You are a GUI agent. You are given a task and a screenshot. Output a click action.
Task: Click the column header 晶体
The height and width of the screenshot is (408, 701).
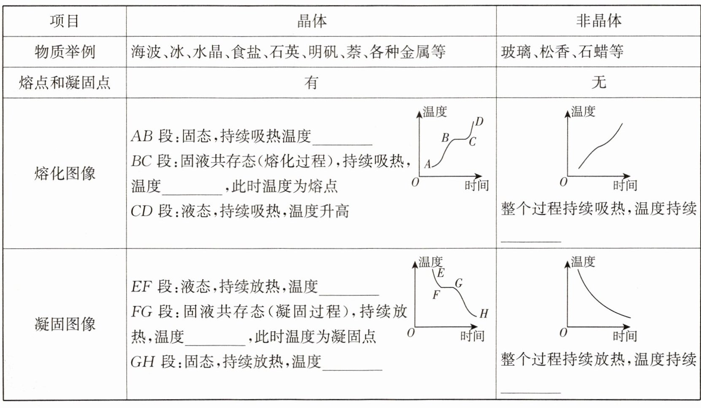tap(311, 21)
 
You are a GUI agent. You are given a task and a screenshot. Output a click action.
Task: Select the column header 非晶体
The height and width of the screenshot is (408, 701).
tap(598, 21)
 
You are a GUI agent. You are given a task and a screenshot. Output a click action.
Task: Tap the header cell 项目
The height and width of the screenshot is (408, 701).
tap(64, 21)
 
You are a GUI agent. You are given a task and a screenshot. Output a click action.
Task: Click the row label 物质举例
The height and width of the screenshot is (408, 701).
tap(64, 52)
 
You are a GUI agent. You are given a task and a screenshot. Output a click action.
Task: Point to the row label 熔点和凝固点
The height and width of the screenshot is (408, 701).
tap(64, 83)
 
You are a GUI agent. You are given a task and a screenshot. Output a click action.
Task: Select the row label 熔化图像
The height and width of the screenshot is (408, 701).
tap(64, 173)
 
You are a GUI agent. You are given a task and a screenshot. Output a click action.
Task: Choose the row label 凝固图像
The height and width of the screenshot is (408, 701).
tap(64, 324)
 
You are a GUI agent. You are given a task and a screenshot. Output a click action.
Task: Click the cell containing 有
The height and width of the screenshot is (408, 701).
tap(311, 83)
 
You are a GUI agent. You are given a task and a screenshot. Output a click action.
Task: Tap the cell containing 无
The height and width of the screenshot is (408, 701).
tap(598, 83)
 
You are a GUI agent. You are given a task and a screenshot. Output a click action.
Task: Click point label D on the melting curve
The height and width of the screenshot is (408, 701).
tap(479, 122)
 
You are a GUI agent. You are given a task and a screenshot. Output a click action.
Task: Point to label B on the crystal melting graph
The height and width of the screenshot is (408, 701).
tap(445, 138)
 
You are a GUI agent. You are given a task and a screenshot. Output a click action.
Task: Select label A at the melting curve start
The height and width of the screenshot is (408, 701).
tap(428, 164)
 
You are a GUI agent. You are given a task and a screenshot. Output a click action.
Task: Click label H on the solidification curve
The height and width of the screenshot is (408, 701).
tap(484, 314)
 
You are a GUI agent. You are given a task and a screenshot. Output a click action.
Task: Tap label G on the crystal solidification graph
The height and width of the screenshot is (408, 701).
tap(459, 283)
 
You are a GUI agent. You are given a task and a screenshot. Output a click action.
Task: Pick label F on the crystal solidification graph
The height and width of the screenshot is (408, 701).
tap(436, 294)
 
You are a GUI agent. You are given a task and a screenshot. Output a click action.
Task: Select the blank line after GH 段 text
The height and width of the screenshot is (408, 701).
tap(352, 364)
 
